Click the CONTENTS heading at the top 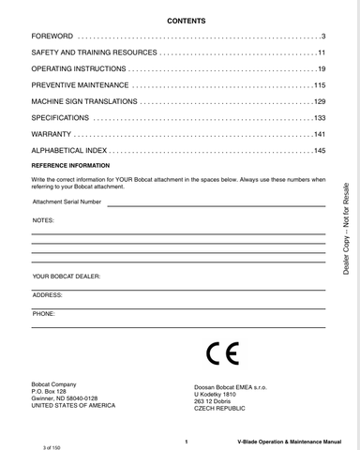[x=180, y=20]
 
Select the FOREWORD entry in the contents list [x=52, y=35]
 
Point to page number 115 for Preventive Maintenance [x=318, y=84]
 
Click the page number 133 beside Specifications [x=318, y=118]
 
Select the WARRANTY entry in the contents [x=52, y=135]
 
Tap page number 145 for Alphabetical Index [x=318, y=151]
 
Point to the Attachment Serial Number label [x=67, y=202]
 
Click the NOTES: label [x=43, y=218]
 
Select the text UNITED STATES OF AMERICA [x=73, y=407]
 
